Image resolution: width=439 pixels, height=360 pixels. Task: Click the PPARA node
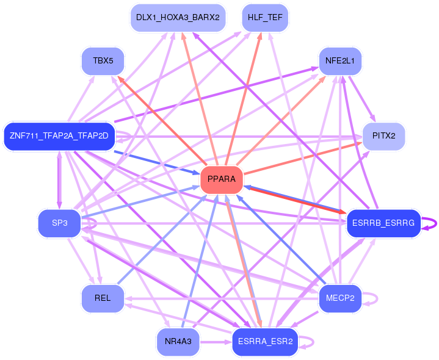(x=222, y=179)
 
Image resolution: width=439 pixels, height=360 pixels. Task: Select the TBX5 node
(x=103, y=61)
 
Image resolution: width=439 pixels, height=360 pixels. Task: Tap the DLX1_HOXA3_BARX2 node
(x=178, y=18)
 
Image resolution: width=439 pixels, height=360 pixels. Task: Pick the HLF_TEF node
(x=265, y=18)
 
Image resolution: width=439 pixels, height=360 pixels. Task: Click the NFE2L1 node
(x=340, y=61)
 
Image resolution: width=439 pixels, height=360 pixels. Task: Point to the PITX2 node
(x=383, y=136)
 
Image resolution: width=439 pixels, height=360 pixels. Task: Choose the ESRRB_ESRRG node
(x=383, y=223)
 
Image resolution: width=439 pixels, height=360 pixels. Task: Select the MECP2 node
(x=340, y=298)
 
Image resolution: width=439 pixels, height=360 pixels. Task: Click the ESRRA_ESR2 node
(x=265, y=342)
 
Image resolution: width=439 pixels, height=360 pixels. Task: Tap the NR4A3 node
(x=178, y=342)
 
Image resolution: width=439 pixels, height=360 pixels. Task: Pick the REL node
(x=103, y=298)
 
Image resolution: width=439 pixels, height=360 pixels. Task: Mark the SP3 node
(x=59, y=223)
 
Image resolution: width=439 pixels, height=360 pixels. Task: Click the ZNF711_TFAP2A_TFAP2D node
(x=59, y=136)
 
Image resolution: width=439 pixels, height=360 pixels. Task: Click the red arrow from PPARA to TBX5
(x=162, y=121)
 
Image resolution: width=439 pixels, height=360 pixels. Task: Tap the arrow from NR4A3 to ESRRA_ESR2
(x=216, y=342)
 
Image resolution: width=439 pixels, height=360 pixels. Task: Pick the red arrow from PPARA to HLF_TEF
(x=243, y=99)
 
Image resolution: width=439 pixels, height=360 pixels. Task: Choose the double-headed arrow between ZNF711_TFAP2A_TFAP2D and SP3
(x=59, y=180)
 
